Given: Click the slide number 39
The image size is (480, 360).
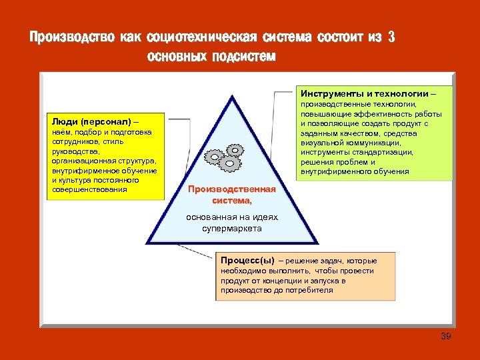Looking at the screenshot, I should coord(446,336).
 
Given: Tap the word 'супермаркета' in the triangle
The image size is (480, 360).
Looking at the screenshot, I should coord(232,229).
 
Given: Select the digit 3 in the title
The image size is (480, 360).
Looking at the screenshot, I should coord(391,37).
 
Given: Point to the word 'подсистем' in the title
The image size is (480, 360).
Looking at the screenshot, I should coord(243,57).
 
